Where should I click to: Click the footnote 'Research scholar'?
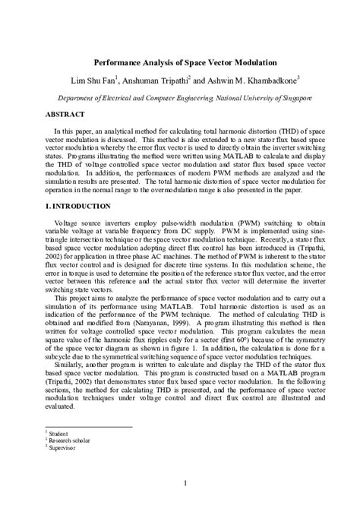click(66, 438)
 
